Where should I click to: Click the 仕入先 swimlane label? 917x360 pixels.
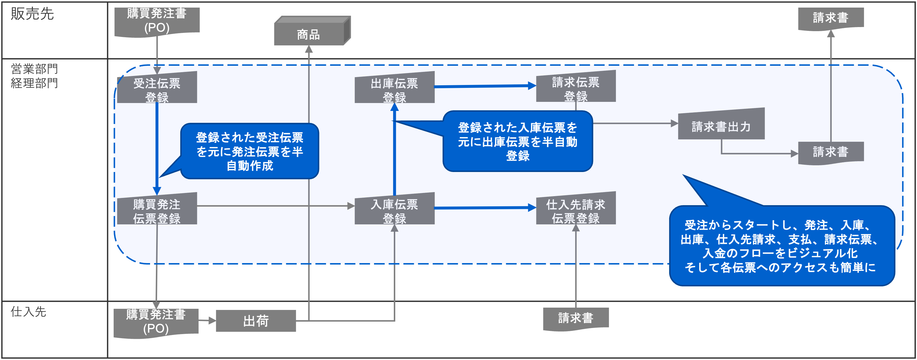pos(28,312)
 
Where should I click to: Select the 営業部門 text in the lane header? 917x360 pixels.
pos(34,69)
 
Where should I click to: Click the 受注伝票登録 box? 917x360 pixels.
pos(157,89)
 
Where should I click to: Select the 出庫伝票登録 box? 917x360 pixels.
pos(394,89)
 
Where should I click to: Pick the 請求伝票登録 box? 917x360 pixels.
pos(576,88)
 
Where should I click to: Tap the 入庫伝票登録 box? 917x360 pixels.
pos(394,210)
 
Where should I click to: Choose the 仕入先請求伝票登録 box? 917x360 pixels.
pos(576,210)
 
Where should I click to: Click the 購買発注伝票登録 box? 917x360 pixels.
pos(157,210)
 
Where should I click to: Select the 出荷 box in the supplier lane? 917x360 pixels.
pos(256,321)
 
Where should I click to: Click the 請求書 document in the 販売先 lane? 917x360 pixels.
pos(831,18)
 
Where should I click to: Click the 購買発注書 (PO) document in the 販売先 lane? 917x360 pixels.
pos(157,21)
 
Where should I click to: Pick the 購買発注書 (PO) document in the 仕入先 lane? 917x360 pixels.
pos(156,322)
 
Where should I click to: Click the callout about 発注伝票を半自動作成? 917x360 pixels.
pos(249,151)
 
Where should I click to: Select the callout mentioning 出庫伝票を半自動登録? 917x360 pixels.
pos(518,141)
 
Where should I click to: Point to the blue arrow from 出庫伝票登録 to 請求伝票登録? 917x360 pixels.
pos(484,86)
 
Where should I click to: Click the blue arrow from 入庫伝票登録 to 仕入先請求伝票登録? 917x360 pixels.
pos(484,208)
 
